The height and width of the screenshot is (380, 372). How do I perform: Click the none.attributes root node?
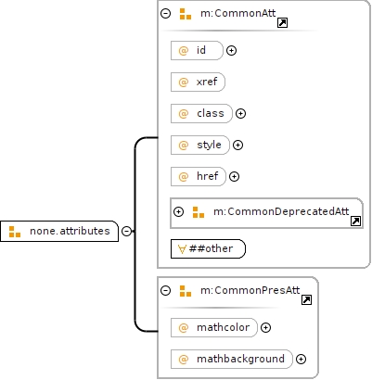[59, 231]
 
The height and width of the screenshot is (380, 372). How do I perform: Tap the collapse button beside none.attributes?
[126, 231]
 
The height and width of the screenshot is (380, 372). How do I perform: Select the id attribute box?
[197, 50]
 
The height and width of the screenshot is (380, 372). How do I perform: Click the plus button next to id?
[231, 50]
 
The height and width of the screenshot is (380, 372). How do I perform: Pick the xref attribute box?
[198, 82]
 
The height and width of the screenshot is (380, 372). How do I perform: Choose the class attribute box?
[201, 113]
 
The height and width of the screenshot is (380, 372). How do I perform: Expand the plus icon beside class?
[240, 113]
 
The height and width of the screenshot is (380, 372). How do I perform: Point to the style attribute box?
[200, 145]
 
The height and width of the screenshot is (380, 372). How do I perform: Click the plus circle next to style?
[237, 145]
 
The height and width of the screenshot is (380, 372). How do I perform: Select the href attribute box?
[199, 176]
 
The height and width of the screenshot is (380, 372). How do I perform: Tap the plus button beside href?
[234, 176]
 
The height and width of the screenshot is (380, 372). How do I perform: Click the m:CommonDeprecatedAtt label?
[281, 211]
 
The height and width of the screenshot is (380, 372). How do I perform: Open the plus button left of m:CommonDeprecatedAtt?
[178, 211]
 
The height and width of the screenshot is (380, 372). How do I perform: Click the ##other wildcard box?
[208, 248]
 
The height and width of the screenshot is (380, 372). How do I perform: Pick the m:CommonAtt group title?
[238, 13]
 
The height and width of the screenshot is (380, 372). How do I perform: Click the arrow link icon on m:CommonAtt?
[282, 23]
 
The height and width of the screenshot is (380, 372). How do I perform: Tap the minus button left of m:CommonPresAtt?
[166, 290]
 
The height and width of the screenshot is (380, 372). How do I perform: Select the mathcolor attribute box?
[214, 327]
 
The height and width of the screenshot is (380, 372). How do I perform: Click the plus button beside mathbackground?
[301, 359]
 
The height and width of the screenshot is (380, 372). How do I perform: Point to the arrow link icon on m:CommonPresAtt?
[306, 300]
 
